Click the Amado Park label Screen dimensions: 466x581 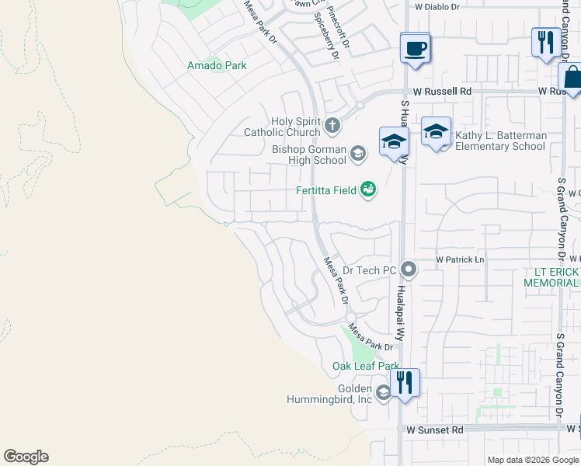pos(217,65)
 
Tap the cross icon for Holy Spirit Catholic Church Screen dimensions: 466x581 pos(332,126)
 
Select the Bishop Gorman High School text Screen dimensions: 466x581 pos(309,155)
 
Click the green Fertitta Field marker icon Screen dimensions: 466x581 pos(368,190)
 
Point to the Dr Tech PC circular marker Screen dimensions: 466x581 pos(409,270)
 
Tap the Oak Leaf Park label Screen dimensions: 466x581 pos(366,366)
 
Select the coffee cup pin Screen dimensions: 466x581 pos(416,49)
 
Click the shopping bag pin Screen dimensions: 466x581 pos(571,78)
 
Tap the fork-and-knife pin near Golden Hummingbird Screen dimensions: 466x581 pos(405,383)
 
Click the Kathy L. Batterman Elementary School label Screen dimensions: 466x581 pos(500,141)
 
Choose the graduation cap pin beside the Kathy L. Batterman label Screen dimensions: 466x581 pos(437,131)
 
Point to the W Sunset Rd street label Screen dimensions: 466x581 pos(435,429)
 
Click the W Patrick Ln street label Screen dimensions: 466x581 pos(460,259)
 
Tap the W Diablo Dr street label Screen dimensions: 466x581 pos(437,6)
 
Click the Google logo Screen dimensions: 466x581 pos(26,457)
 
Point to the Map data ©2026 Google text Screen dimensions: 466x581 pos(533,460)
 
